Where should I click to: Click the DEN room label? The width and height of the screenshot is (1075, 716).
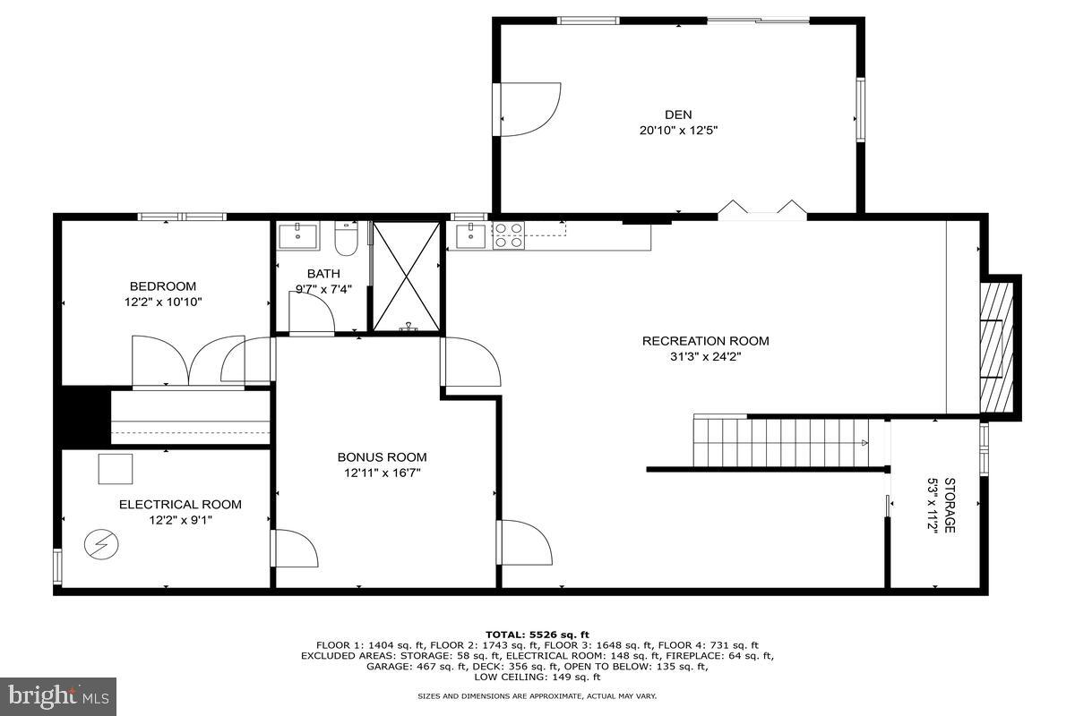tap(678, 115)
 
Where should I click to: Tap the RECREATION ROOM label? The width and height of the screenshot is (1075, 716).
tap(706, 341)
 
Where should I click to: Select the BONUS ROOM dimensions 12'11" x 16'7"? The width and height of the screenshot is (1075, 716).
tap(382, 473)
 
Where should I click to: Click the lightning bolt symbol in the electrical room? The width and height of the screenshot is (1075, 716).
tap(101, 544)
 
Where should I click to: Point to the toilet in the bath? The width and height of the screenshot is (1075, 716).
tap(346, 238)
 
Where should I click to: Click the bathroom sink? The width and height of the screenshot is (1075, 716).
tap(298, 236)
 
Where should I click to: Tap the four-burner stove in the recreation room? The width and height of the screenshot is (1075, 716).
tap(509, 235)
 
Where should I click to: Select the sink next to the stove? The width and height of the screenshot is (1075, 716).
tap(471, 235)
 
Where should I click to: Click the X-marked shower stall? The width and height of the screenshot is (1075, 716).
tap(407, 277)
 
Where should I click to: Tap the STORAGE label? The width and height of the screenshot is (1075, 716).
tap(950, 505)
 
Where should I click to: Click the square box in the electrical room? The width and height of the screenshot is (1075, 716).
tap(116, 469)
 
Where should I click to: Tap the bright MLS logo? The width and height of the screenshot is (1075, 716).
tap(58, 697)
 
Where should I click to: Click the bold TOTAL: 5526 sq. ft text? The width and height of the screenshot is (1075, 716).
tap(537, 635)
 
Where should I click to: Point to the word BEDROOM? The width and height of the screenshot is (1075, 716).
tap(163, 286)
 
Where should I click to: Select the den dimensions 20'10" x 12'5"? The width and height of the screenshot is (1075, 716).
tap(678, 130)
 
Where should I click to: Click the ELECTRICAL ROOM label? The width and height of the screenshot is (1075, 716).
tap(180, 505)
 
